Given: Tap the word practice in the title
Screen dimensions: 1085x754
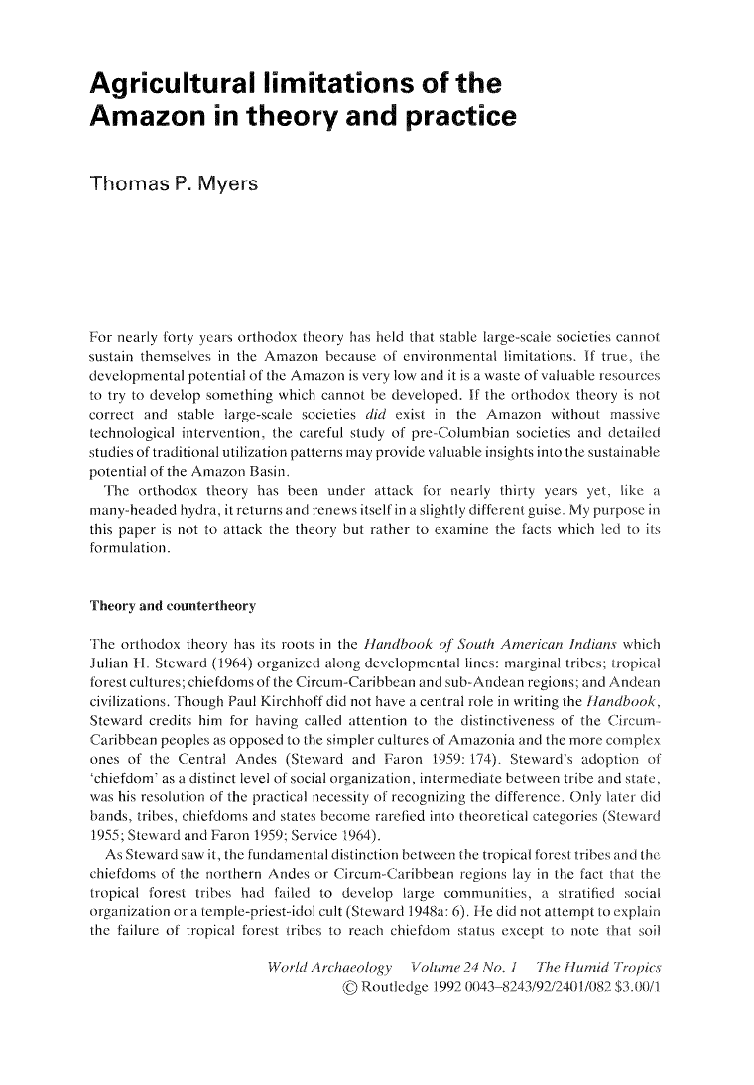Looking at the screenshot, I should click(x=451, y=117).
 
